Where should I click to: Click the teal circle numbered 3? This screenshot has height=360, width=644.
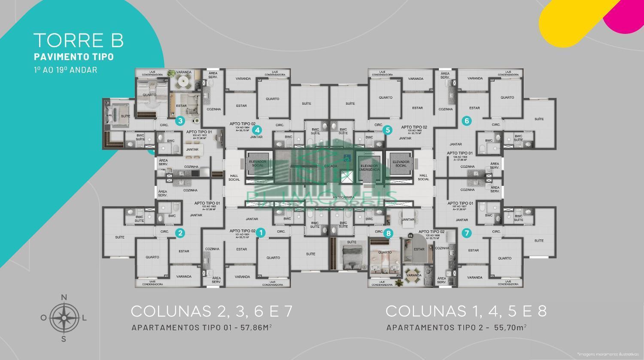pyautogui.click(x=180, y=121)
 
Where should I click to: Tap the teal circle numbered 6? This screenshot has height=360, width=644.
pyautogui.click(x=467, y=121)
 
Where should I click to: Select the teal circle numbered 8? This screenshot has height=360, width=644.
pyautogui.click(x=388, y=233)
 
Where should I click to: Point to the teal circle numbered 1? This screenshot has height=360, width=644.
pyautogui.click(x=260, y=233)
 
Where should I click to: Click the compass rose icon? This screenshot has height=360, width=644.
pyautogui.click(x=64, y=318)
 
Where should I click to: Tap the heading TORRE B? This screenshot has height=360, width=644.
pyautogui.click(x=79, y=40)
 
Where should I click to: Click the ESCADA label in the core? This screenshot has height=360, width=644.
pyautogui.click(x=331, y=166)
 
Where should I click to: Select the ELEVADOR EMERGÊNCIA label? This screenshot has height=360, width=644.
pyautogui.click(x=369, y=167)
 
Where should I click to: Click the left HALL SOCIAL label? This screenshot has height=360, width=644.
pyautogui.click(x=234, y=178)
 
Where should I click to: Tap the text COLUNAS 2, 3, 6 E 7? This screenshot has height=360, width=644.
pyautogui.click(x=212, y=311)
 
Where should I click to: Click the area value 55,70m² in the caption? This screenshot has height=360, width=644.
pyautogui.click(x=510, y=327)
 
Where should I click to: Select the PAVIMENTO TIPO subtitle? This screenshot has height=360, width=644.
pyautogui.click(x=74, y=57)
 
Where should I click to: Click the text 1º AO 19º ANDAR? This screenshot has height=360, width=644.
pyautogui.click(x=65, y=70)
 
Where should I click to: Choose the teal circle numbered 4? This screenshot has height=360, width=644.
pyautogui.click(x=257, y=130)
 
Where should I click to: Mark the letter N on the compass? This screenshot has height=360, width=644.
pyautogui.click(x=64, y=297)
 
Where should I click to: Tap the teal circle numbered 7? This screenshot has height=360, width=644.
pyautogui.click(x=467, y=233)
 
